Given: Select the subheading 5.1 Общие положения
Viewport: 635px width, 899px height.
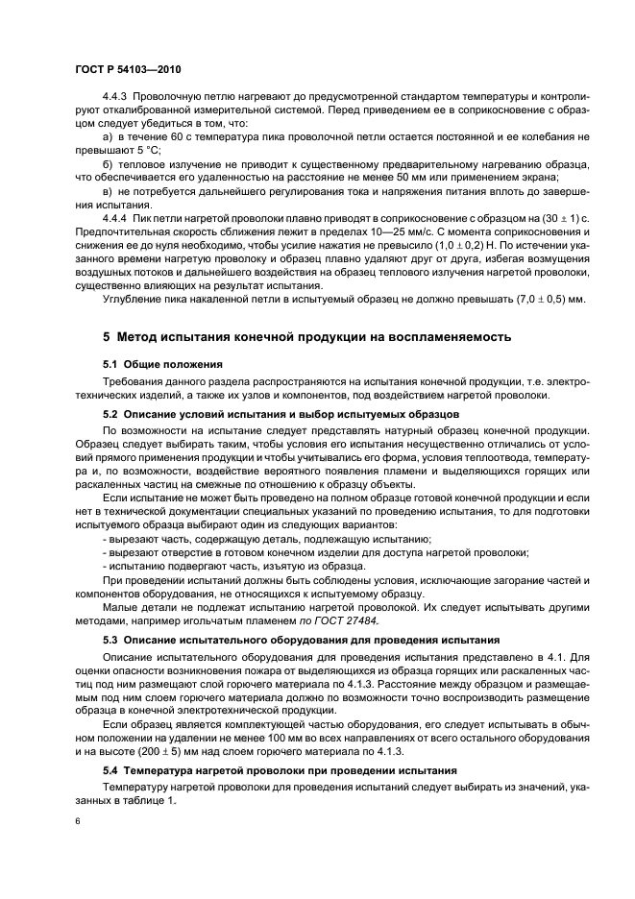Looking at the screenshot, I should (x=162, y=365).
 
